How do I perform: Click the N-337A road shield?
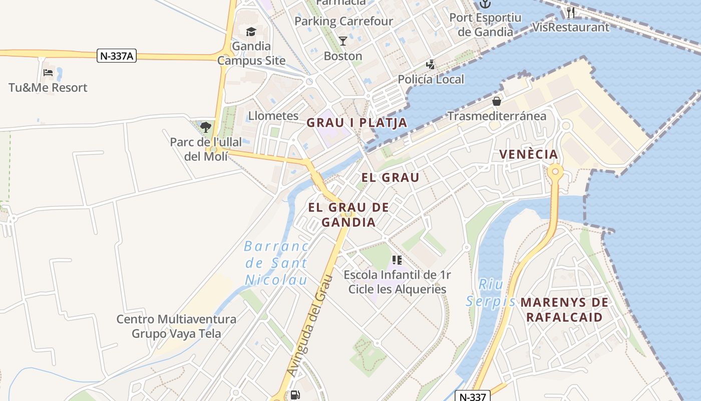[117, 56]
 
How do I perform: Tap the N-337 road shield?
[472, 396]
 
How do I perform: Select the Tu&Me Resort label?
[48, 88]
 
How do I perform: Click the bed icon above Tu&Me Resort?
[48, 73]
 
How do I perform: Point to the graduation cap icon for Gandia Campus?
[251, 32]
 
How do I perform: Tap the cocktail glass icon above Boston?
[343, 41]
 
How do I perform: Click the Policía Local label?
[431, 79]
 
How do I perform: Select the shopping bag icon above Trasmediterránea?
[497, 102]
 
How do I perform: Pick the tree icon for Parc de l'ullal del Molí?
[205, 127]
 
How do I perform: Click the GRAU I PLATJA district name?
[357, 123]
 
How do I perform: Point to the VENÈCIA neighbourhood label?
[529, 154]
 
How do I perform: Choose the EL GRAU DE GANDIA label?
[348, 215]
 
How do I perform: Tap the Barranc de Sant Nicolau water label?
[276, 263]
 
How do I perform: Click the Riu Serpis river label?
[491, 293]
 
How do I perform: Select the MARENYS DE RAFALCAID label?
[564, 310]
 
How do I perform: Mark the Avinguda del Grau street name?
[308, 326]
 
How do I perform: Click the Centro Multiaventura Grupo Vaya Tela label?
[176, 326]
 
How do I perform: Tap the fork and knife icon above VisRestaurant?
[571, 13]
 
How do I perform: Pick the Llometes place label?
[273, 116]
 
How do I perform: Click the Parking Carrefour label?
[343, 22]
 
